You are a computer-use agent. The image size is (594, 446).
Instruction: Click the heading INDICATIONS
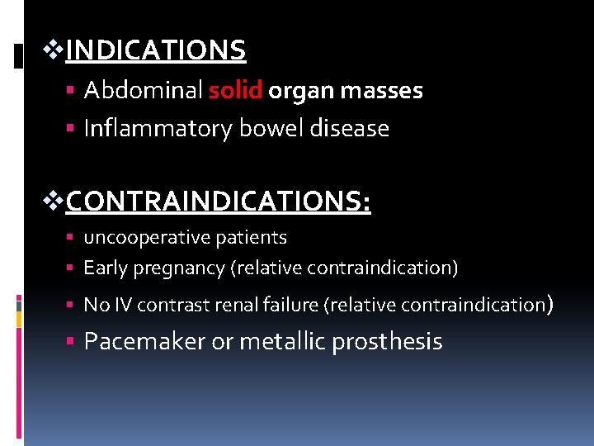(156, 51)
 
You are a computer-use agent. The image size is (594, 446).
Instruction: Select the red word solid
(235, 91)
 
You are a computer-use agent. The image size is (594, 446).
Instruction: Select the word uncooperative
(147, 238)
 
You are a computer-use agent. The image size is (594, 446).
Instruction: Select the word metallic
(282, 342)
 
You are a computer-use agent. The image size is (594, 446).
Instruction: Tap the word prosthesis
(387, 342)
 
